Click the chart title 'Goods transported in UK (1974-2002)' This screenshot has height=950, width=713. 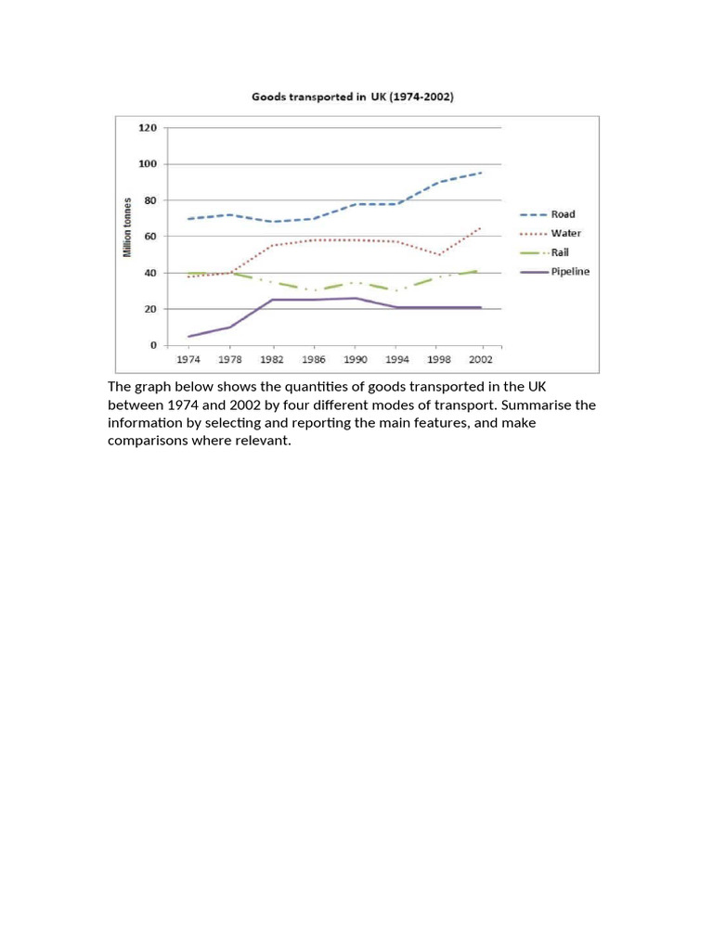click(352, 96)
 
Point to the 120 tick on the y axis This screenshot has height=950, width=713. click(148, 128)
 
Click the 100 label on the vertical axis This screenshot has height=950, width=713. click(148, 164)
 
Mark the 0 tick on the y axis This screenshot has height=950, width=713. click(153, 345)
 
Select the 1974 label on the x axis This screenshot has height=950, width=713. click(188, 359)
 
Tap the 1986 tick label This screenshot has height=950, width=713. click(314, 359)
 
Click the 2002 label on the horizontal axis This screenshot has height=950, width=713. click(481, 359)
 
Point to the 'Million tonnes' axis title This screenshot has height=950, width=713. click(127, 227)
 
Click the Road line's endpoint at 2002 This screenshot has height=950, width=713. click(482, 173)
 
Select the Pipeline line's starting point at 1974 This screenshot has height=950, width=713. click(188, 336)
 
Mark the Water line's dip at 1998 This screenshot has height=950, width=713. click(439, 254)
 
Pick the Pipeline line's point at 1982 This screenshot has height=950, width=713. click(272, 300)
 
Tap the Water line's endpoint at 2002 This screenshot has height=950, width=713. click(482, 228)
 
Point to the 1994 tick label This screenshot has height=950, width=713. click(397, 359)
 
